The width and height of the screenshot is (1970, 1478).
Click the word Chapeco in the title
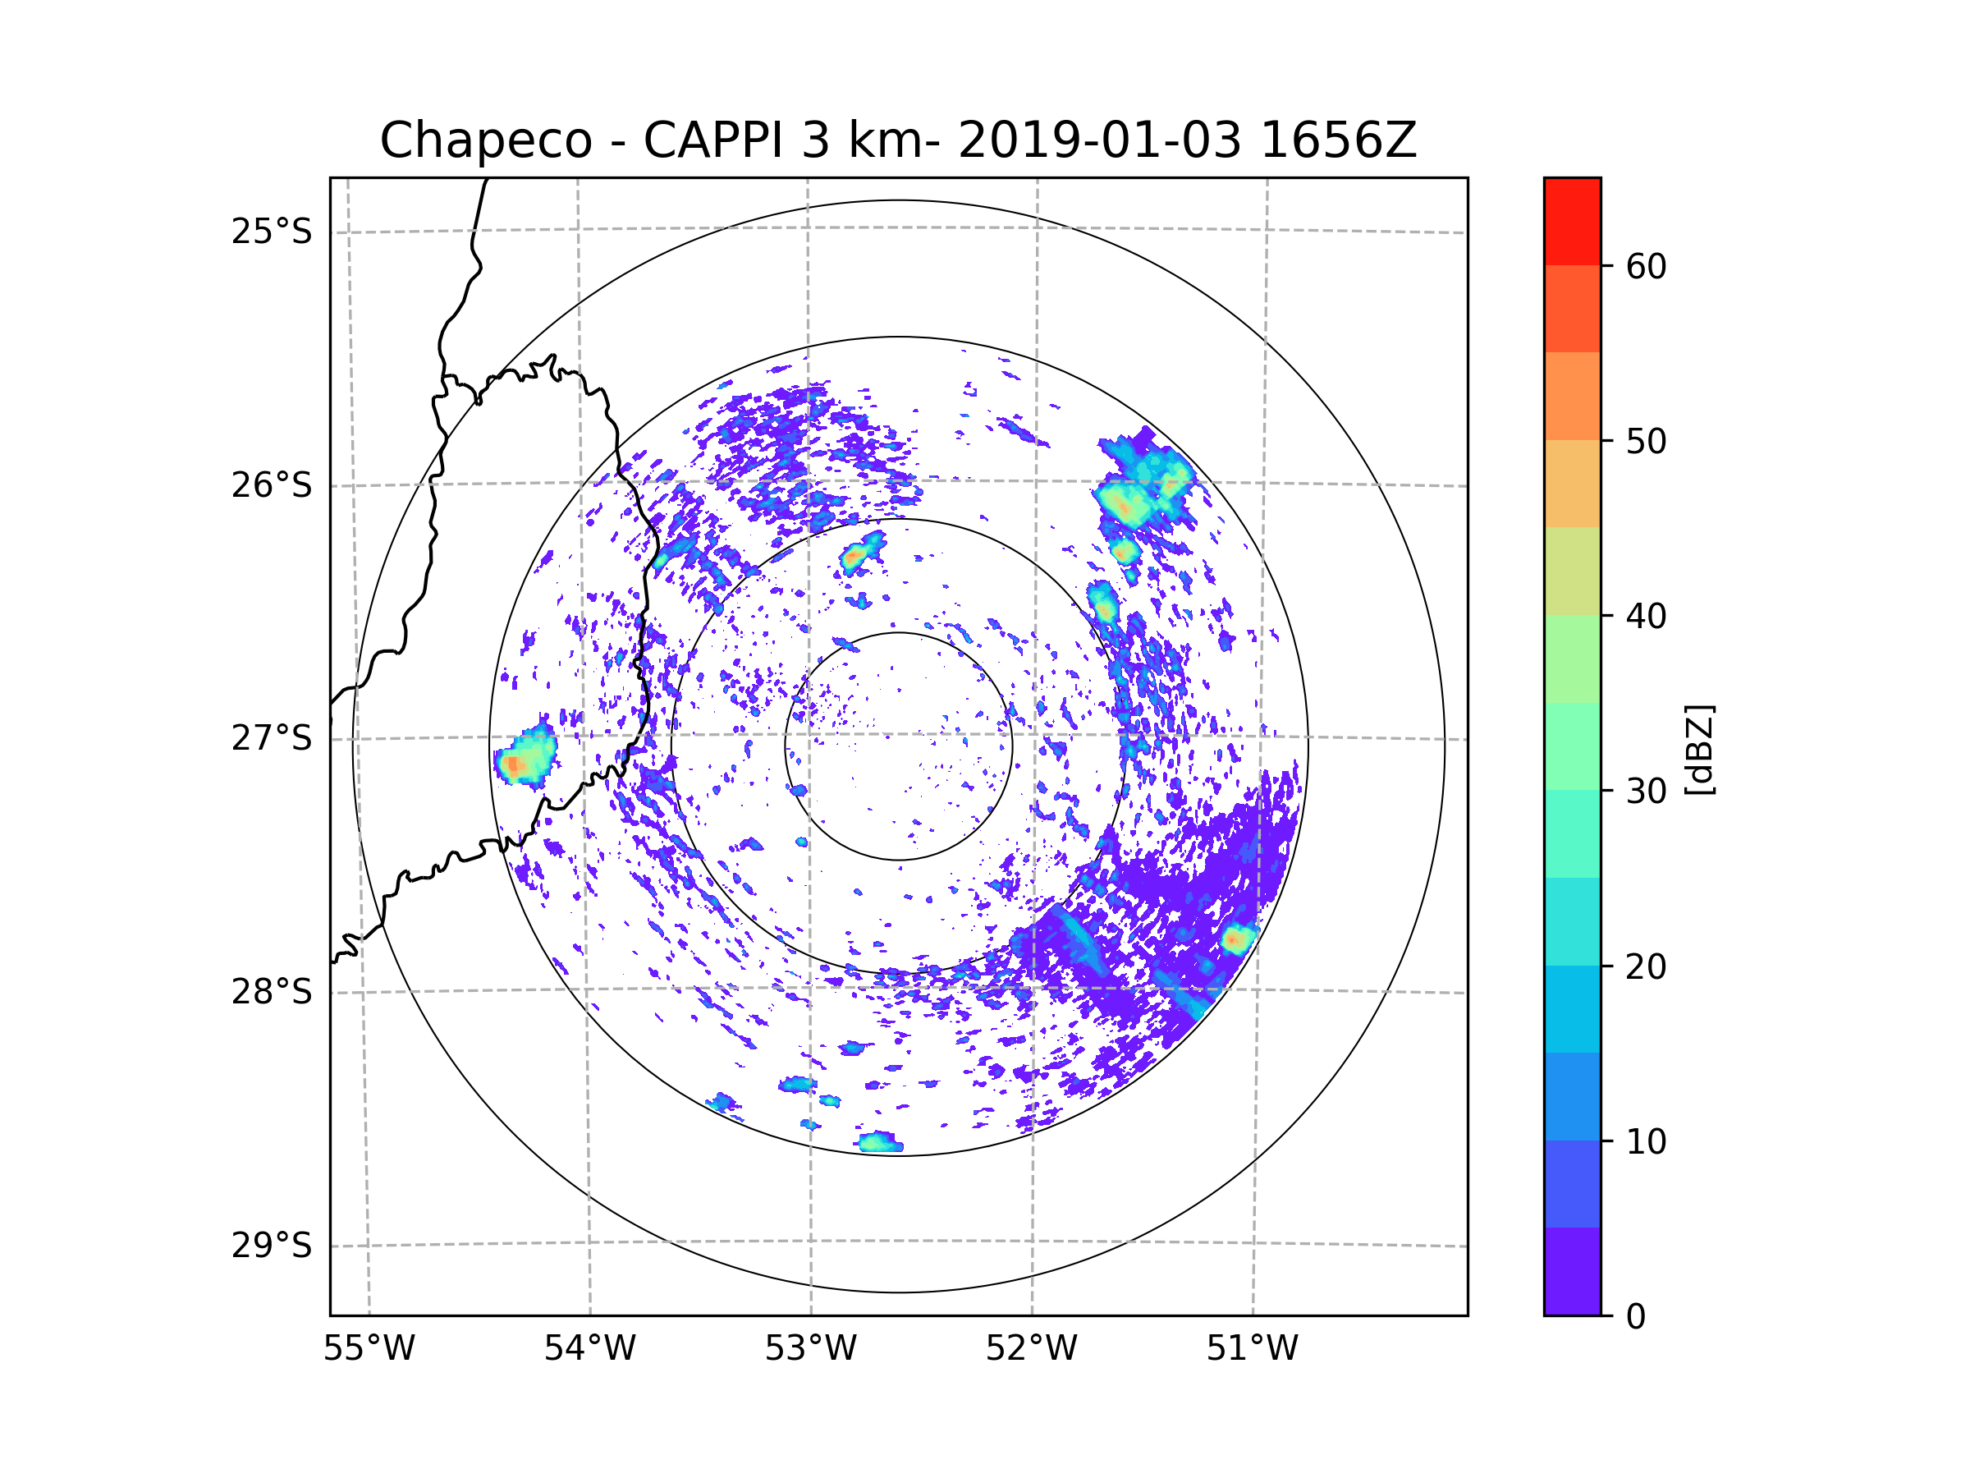[485, 140]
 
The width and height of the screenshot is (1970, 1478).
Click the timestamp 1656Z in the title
[1338, 140]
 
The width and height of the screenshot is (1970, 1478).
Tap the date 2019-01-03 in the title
[1099, 140]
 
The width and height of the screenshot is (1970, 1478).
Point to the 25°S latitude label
[272, 232]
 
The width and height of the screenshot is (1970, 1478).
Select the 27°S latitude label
[272, 738]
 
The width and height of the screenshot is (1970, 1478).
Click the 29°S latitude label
[272, 1246]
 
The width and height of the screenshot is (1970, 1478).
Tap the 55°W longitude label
[369, 1349]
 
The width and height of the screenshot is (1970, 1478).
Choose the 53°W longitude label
[810, 1349]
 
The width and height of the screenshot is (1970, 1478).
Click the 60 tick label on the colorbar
[1646, 266]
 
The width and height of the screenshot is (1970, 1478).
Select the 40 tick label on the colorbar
[1646, 617]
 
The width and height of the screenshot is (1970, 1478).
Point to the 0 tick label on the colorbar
[1636, 1317]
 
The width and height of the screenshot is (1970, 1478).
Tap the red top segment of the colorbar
[1572, 221]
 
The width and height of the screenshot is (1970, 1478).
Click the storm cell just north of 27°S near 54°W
[526, 758]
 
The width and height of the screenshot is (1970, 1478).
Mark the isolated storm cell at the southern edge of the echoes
[880, 1142]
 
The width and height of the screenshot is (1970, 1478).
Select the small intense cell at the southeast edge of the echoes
[1237, 939]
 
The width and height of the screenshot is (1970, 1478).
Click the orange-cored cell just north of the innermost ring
[856, 557]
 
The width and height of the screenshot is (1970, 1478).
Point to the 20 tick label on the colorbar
[1646, 966]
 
